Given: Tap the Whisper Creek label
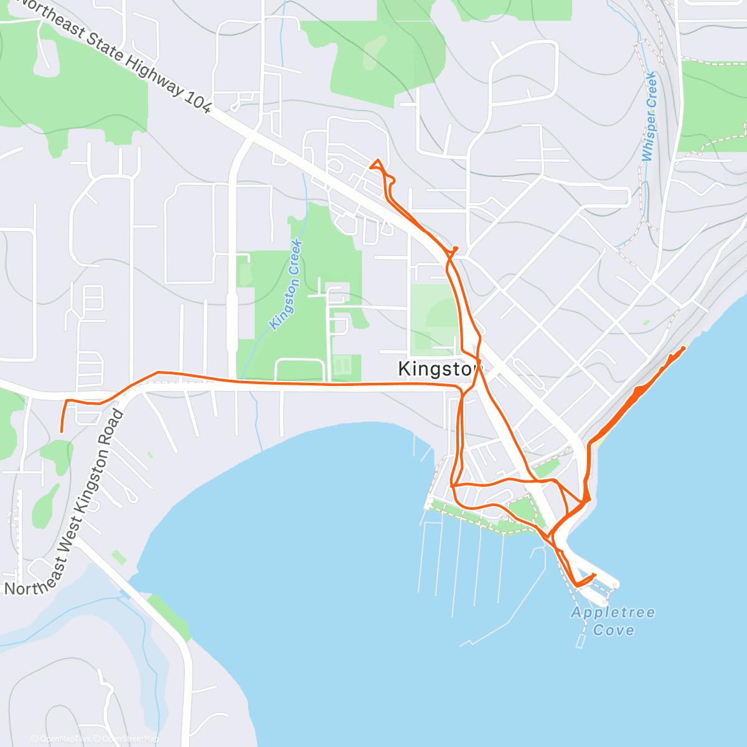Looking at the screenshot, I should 649,116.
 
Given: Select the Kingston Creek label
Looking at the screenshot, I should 286,284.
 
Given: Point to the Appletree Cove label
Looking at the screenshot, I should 613,621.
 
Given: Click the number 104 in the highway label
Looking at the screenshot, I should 198,102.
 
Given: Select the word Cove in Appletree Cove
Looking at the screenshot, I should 614,630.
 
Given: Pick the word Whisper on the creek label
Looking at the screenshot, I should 648,136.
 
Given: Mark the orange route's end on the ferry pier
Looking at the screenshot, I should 595,575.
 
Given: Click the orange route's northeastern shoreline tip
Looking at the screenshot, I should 684,348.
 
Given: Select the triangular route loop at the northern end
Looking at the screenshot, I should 376,165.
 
